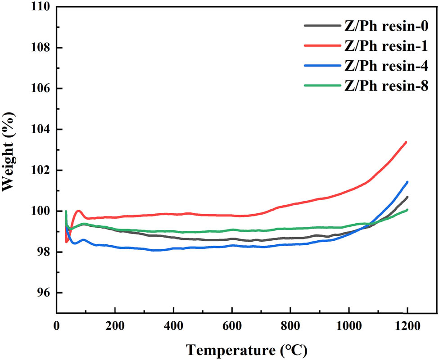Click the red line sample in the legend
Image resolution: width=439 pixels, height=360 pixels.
(321, 46)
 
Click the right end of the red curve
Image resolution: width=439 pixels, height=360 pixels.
(406, 142)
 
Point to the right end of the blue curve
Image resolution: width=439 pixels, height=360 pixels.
(407, 182)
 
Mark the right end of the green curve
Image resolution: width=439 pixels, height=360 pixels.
(407, 210)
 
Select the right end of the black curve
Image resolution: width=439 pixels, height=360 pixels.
(407, 197)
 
